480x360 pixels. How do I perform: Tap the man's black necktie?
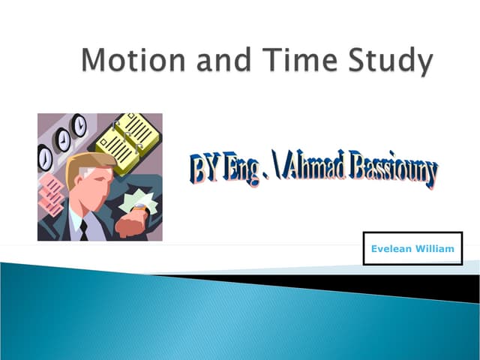pyautogui.click(x=83, y=229)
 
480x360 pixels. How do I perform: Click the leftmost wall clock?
pyautogui.click(x=45, y=156)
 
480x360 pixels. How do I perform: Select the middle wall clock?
pyautogui.click(x=62, y=139)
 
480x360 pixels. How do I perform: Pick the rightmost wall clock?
pyautogui.click(x=79, y=125)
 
